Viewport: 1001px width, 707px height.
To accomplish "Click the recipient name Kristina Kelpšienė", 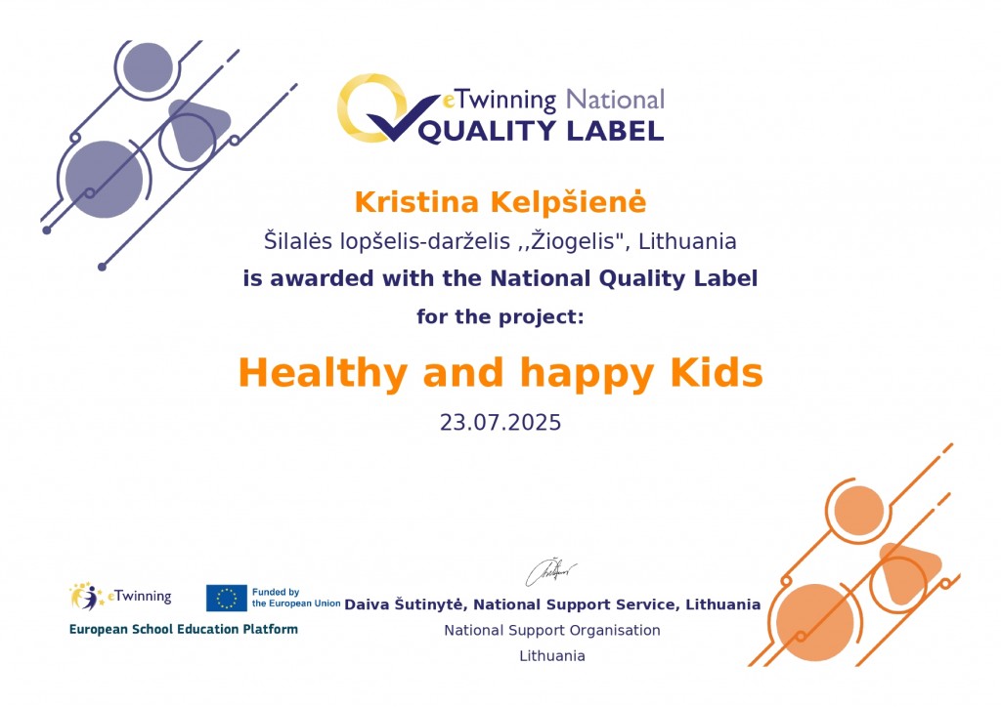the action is tap(500, 202).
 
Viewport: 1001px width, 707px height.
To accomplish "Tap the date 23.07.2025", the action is tap(500, 423).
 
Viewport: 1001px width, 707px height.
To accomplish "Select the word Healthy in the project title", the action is tap(323, 374).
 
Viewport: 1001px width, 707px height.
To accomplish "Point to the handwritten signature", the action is tap(550, 572).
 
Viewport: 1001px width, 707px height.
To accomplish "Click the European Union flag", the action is tap(226, 598).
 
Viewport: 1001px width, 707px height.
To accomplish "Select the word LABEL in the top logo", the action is tap(616, 131).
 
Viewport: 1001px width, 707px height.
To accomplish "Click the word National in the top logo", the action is tap(616, 100).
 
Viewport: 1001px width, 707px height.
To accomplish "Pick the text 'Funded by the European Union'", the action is tap(295, 598).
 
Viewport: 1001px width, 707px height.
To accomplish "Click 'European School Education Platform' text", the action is tap(183, 629).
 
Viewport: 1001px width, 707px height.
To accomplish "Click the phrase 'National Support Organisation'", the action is tap(552, 631).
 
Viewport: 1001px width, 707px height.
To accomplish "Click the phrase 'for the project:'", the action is tap(500, 316).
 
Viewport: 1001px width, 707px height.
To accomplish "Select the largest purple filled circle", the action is tap(104, 179).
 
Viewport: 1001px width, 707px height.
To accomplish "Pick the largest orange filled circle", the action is tap(815, 622).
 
